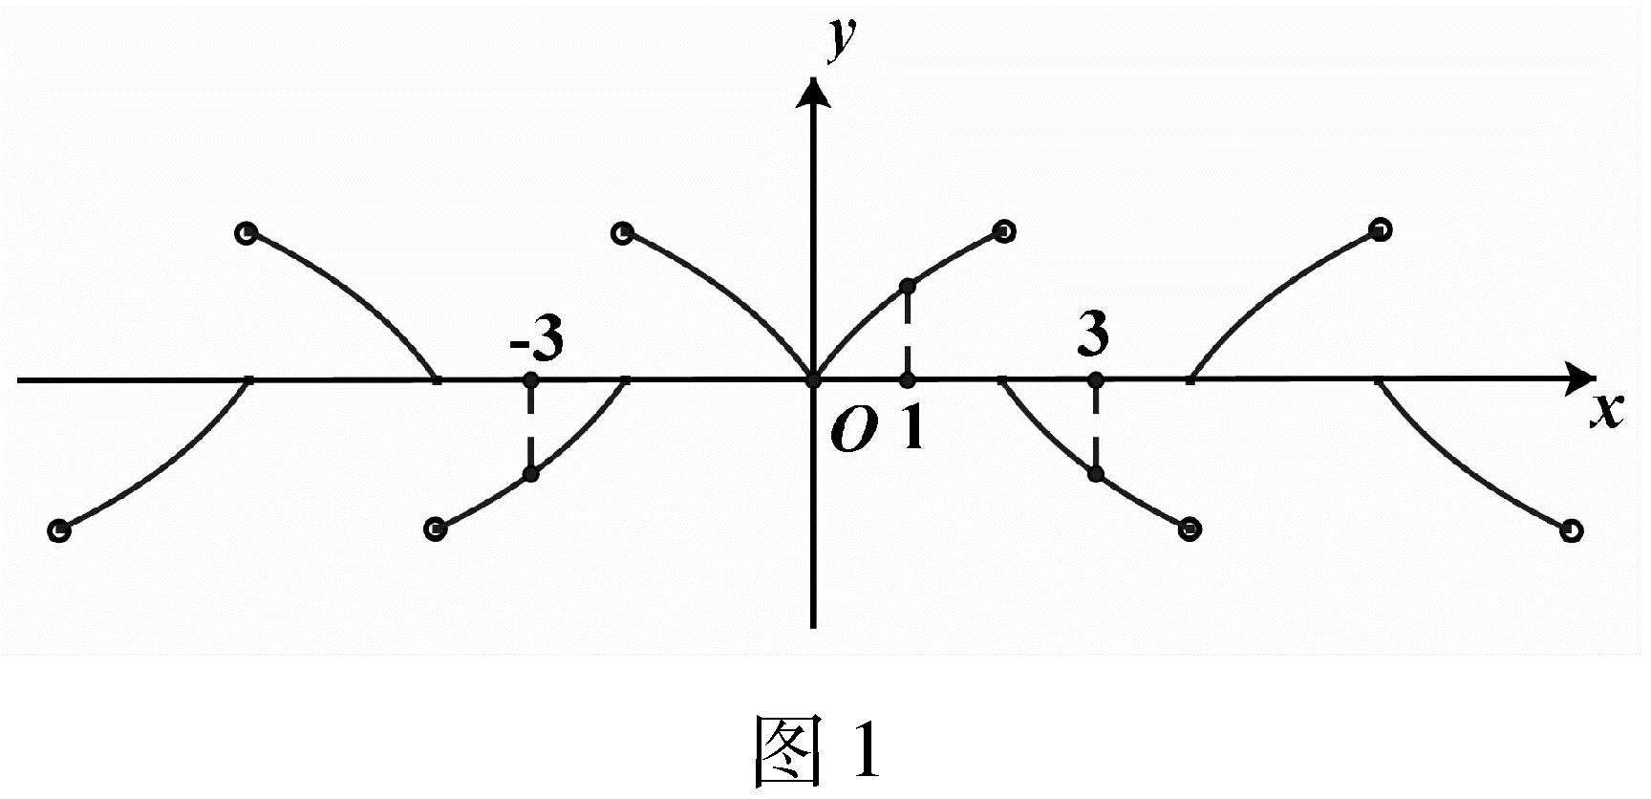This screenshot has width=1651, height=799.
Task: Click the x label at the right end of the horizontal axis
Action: (x=1607, y=411)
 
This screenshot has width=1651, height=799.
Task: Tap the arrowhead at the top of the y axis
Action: (x=814, y=92)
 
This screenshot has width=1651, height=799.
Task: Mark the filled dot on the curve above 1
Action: (x=908, y=286)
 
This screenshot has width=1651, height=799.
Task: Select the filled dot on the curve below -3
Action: (x=532, y=474)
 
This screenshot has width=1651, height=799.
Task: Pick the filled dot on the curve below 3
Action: (x=1096, y=473)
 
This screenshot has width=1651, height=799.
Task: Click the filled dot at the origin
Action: (x=814, y=380)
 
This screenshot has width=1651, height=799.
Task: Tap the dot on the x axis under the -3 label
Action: (x=532, y=379)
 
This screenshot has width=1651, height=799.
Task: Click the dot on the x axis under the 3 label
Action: (x=1096, y=379)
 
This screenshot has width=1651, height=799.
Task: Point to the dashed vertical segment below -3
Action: (x=532, y=427)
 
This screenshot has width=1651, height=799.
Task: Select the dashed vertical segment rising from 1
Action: (x=908, y=333)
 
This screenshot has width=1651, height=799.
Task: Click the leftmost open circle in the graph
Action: (x=59, y=530)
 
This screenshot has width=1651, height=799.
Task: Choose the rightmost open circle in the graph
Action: (x=1570, y=530)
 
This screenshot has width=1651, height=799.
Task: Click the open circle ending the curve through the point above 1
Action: (x=1004, y=230)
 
